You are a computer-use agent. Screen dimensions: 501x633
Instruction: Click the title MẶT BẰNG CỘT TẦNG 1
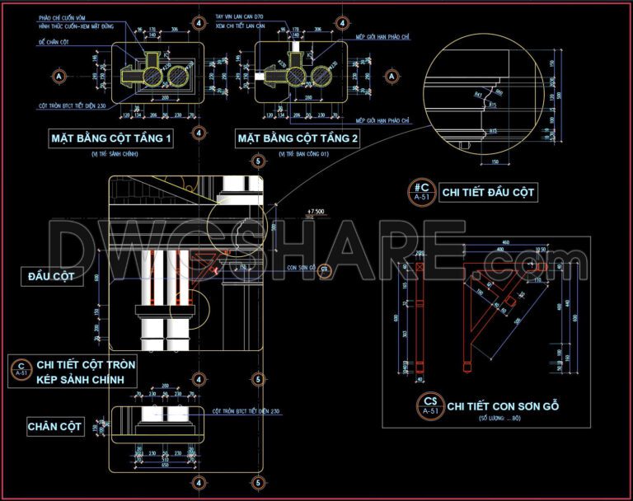coord(110,139)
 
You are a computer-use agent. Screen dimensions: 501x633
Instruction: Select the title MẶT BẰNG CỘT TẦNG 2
coord(298,139)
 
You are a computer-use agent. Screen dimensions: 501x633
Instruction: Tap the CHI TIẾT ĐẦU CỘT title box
coord(489,193)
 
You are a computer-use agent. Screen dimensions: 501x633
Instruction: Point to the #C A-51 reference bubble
coord(421,192)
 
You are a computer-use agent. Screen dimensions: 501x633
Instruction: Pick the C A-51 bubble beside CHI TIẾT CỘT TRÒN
coord(21,368)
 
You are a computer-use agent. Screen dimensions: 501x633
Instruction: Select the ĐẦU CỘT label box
coord(54,277)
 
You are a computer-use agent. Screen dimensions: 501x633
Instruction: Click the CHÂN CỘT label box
coord(54,426)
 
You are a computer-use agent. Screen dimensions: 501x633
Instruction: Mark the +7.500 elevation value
coord(314,212)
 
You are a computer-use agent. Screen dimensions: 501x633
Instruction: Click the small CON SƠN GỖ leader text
coord(301,268)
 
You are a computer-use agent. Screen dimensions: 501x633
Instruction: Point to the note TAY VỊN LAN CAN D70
coord(238,16)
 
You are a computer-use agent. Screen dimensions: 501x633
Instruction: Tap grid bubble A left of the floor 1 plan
coord(59,76)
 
